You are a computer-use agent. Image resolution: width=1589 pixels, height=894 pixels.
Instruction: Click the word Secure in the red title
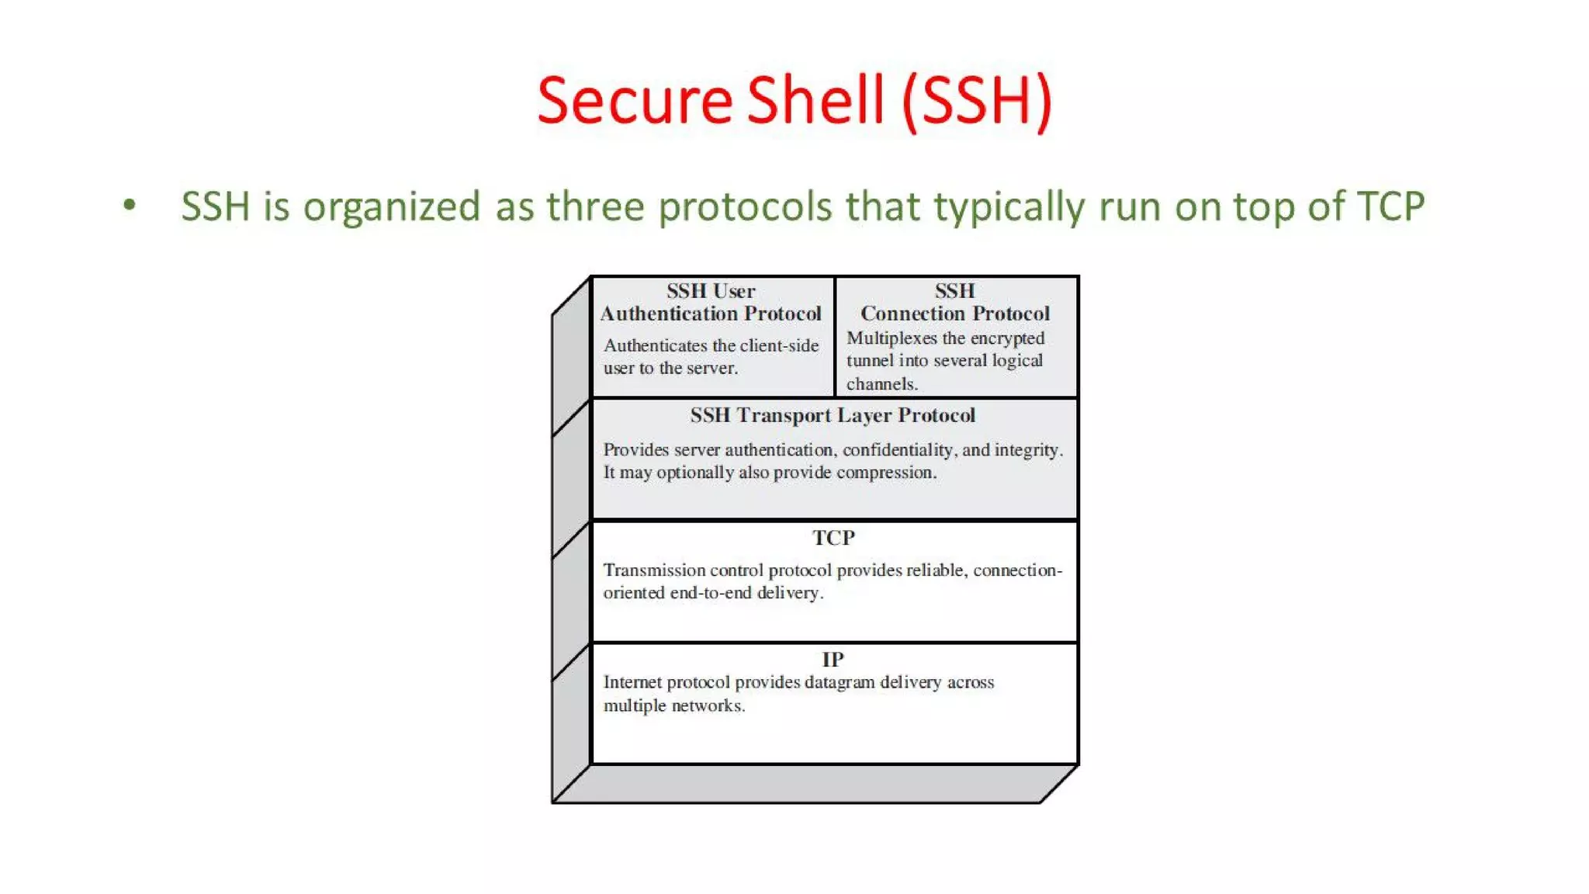pyautogui.click(x=634, y=101)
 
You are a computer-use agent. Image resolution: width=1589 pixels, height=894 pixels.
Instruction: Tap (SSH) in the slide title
pyautogui.click(x=977, y=101)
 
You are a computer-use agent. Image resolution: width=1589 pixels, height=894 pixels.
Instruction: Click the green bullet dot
pyautogui.click(x=130, y=206)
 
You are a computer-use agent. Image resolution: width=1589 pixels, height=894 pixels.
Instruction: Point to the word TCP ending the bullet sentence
pyautogui.click(x=1390, y=206)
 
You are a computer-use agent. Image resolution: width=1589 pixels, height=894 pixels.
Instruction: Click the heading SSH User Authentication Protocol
pyautogui.click(x=710, y=303)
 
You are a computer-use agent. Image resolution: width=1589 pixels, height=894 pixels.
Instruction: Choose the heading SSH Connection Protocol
pyautogui.click(x=954, y=303)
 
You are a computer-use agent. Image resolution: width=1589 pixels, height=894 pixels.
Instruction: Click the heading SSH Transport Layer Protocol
pyautogui.click(x=833, y=415)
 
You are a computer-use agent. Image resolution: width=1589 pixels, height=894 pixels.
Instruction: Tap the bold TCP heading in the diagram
pyautogui.click(x=833, y=538)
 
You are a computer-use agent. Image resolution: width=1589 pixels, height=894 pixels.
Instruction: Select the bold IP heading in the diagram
pyautogui.click(x=833, y=660)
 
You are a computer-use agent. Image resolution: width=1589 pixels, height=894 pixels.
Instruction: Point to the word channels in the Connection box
pyautogui.click(x=881, y=384)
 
